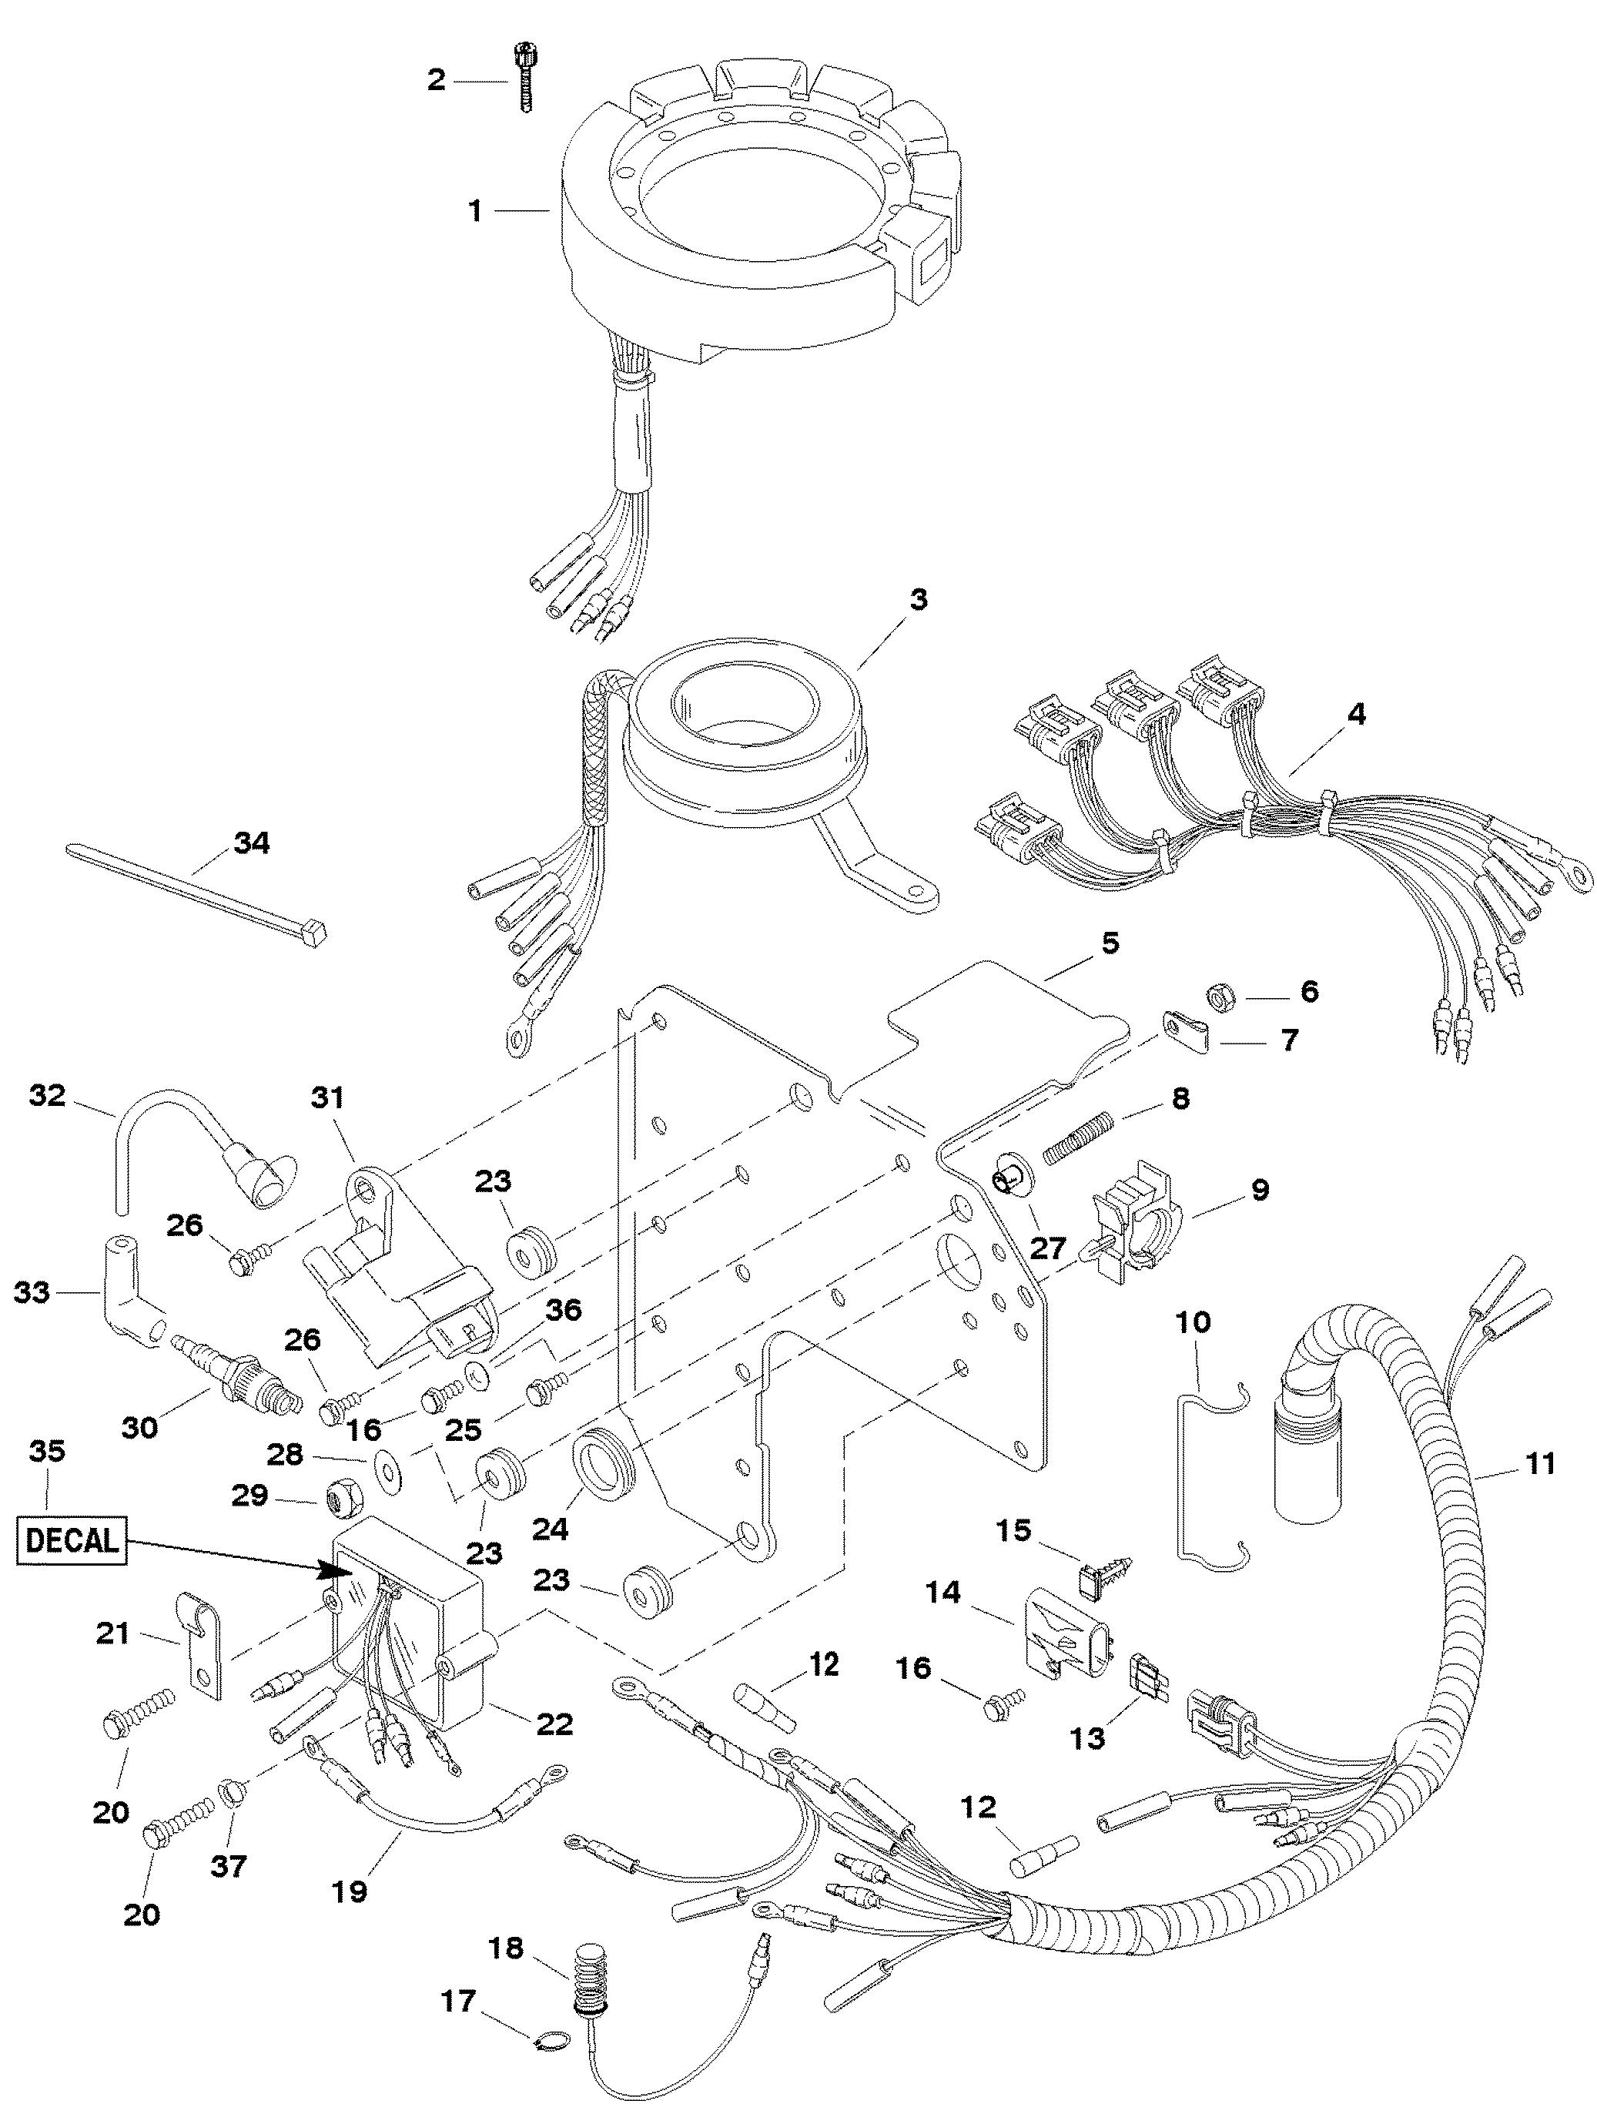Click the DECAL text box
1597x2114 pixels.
tap(72, 1539)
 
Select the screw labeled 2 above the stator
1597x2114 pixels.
tap(524, 78)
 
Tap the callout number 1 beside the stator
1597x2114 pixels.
tap(474, 210)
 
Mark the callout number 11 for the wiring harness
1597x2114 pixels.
tap(1540, 1463)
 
